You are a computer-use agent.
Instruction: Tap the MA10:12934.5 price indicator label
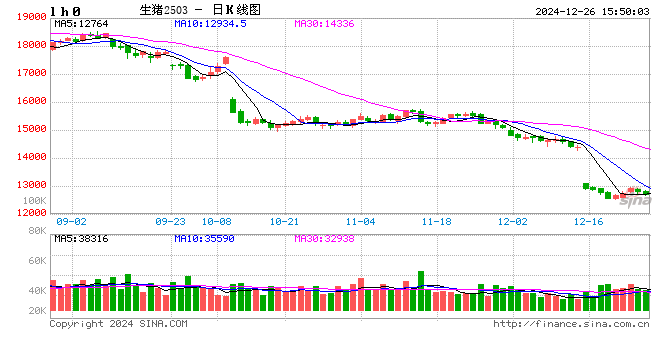pos(211,23)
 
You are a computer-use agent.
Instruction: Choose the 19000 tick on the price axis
pos(30,18)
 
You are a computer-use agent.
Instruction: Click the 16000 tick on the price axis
pos(30,101)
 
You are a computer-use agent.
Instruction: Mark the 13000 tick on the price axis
pos(30,185)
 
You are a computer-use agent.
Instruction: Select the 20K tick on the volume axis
pos(36,311)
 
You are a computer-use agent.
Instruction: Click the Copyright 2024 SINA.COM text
pos(118,324)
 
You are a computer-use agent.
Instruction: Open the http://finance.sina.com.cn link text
pos(571,324)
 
